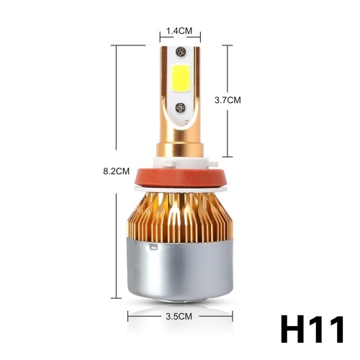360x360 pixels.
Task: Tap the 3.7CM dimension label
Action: tap(227, 101)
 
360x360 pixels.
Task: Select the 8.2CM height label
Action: tap(116, 171)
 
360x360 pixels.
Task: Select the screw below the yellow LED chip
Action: tap(180, 107)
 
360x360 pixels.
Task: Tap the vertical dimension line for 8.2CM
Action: tap(116, 108)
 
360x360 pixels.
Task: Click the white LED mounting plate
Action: tap(180, 90)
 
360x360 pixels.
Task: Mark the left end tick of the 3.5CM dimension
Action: tap(128, 315)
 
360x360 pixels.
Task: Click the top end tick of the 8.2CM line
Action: tap(116, 45)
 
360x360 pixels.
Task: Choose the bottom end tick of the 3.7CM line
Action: tap(228, 156)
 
